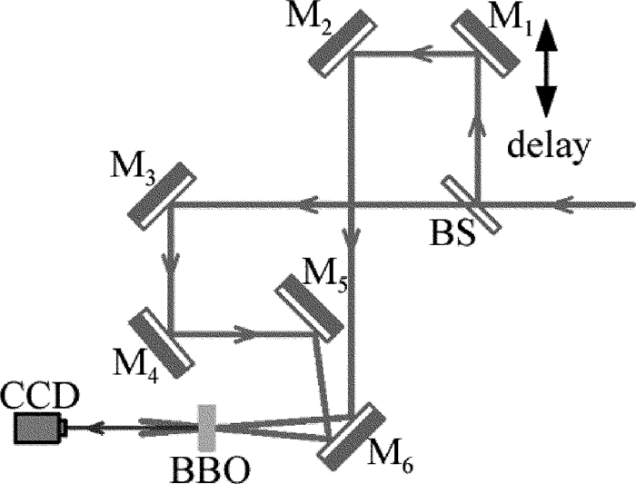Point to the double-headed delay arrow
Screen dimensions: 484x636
(546, 69)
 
